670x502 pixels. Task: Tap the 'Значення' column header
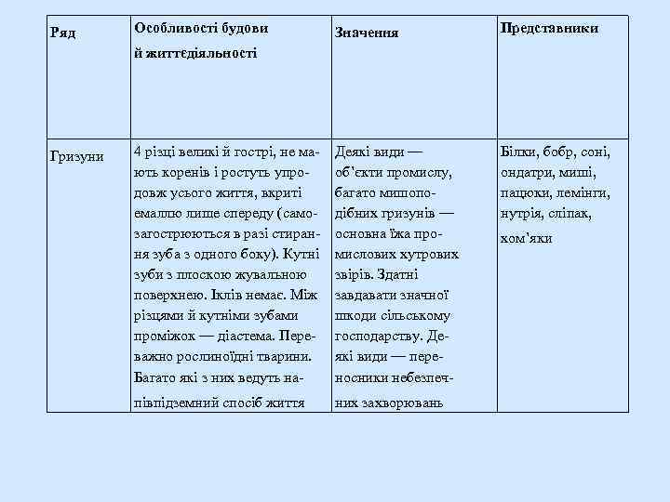[x=367, y=33]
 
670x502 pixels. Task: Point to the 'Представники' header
[x=549, y=28]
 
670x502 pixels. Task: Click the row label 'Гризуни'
[x=77, y=155]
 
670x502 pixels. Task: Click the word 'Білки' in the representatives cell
[x=518, y=152]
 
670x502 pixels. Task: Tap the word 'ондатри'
[x=528, y=173]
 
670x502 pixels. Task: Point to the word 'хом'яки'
[x=527, y=238]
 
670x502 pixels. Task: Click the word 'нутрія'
[x=521, y=214]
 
